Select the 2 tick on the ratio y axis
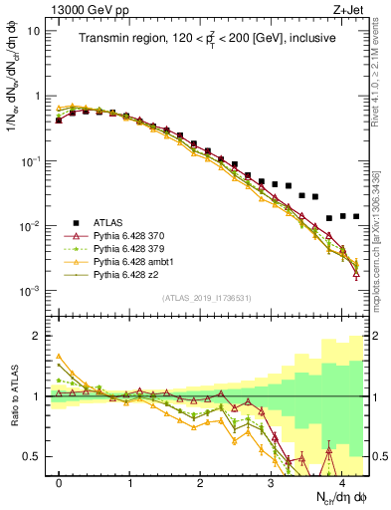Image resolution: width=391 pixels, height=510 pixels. pos(39,337)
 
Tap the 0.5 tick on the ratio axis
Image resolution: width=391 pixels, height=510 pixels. pos(35,456)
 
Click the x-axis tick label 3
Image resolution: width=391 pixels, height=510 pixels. pos(272,482)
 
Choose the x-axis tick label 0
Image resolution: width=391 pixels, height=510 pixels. pos(60,482)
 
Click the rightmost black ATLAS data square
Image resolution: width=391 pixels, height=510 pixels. pos(356,216)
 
